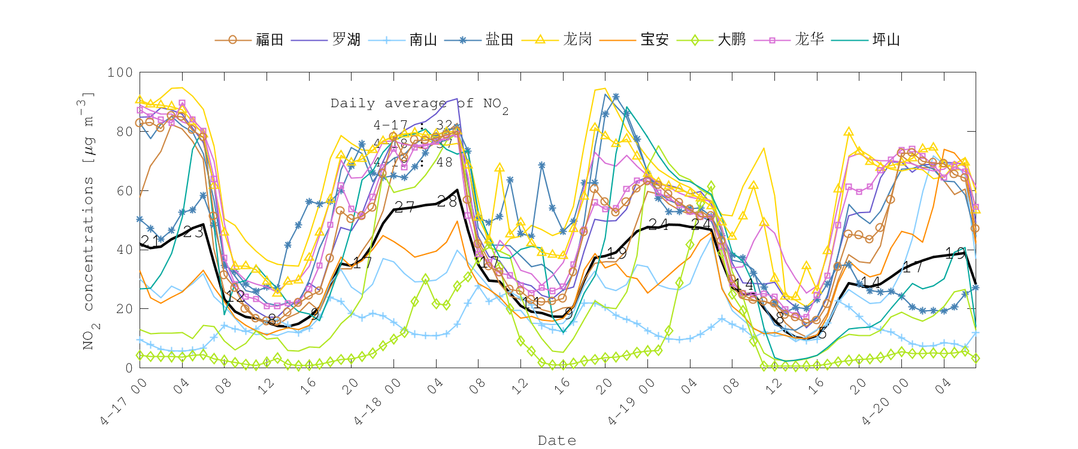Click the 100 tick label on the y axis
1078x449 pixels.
120,72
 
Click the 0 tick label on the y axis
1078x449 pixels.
129,368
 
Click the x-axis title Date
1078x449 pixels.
557,441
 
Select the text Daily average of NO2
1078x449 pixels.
419,104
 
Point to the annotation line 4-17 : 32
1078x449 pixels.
413,126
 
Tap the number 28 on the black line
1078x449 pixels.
447,202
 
